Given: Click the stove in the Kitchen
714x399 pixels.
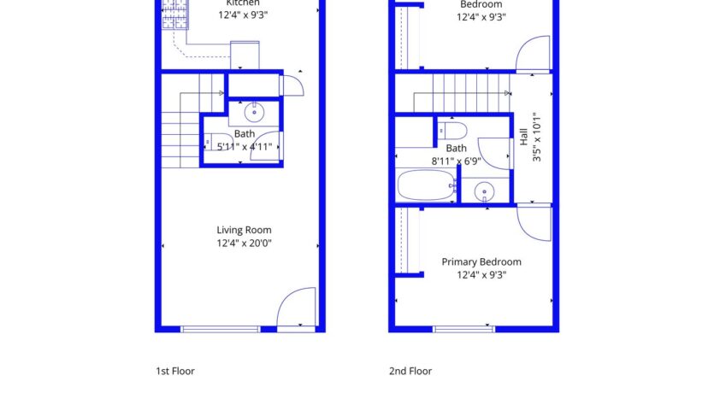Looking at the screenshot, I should (174, 14).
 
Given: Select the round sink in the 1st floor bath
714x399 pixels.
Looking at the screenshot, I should (254, 111).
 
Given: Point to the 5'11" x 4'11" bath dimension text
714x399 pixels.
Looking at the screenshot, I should (244, 147).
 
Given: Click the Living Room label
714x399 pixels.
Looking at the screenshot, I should (244, 230).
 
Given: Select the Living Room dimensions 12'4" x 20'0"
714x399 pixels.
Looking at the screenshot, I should (244, 244).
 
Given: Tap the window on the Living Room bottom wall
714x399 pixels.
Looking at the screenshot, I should (221, 328).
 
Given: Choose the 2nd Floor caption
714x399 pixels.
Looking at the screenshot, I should (410, 372).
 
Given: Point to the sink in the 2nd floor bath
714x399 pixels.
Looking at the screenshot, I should (485, 191).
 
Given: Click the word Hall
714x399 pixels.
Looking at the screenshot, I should (522, 136).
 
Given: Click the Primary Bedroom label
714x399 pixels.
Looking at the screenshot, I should (481, 261).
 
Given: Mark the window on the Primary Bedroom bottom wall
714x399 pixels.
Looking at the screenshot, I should (463, 328).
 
